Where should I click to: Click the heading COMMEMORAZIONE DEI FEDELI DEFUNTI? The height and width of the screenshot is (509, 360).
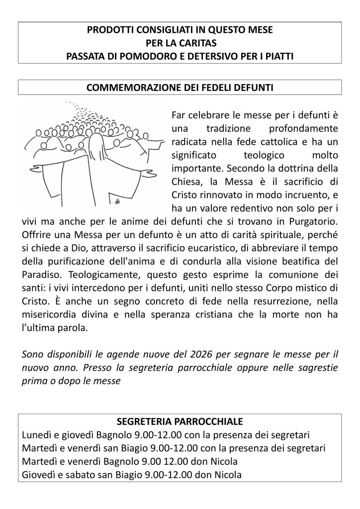[180, 88]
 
